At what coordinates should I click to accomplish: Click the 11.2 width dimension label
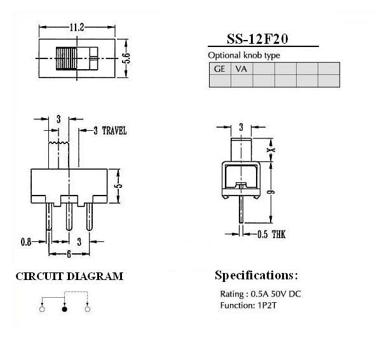[77, 27]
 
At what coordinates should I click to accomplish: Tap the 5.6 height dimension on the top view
[126, 58]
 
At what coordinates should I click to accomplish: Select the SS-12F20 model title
[257, 39]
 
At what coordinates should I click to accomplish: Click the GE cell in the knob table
[219, 69]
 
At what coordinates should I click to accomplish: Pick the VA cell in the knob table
[241, 69]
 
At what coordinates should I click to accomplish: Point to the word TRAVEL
[114, 131]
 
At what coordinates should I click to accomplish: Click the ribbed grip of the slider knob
[66, 58]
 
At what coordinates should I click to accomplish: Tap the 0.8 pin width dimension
[26, 242]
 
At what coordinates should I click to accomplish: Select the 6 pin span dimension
[69, 254]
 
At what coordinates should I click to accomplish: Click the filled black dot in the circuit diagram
[65, 309]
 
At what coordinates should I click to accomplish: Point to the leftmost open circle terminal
[43, 309]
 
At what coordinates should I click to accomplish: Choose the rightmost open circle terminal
[87, 309]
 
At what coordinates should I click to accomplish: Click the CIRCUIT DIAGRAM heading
[69, 276]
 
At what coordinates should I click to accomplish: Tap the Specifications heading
[257, 276]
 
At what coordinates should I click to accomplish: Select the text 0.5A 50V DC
[276, 294]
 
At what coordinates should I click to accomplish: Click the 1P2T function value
[267, 305]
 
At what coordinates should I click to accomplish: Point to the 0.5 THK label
[271, 234]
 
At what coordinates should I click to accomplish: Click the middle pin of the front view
[69, 217]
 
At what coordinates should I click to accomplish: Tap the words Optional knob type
[244, 55]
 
